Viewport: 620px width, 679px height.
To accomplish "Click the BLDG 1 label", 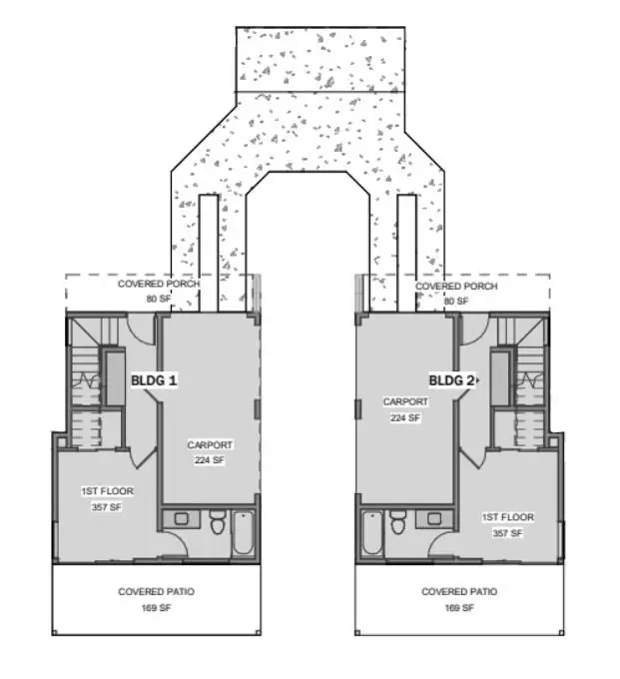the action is (x=154, y=380).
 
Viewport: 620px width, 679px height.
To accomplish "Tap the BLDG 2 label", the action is (x=451, y=380).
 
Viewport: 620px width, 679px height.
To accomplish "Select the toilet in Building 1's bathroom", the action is (x=217, y=522).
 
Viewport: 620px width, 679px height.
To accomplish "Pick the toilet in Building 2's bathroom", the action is (x=398, y=522).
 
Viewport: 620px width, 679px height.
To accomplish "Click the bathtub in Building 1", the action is (x=244, y=533).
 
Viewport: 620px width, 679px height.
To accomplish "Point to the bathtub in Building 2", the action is (x=372, y=533).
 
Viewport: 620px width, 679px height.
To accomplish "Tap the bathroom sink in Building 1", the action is (x=182, y=518).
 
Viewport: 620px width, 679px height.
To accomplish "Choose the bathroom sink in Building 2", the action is (x=434, y=518).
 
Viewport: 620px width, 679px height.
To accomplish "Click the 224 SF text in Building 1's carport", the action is (x=210, y=460).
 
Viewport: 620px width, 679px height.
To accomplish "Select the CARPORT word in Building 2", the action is (x=405, y=401).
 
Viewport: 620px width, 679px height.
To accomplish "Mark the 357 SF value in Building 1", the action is (x=107, y=507).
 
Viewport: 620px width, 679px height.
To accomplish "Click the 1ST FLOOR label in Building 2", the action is (x=508, y=517).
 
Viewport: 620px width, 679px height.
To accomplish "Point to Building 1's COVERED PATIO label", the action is (x=157, y=591).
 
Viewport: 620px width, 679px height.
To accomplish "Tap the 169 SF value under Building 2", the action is (x=459, y=608).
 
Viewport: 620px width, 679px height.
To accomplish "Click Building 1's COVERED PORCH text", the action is (x=159, y=284).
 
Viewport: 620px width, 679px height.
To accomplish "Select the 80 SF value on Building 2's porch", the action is (x=456, y=301).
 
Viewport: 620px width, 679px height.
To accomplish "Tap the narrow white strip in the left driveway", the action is (x=209, y=253).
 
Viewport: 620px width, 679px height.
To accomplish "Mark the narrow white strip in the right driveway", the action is (x=407, y=253).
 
